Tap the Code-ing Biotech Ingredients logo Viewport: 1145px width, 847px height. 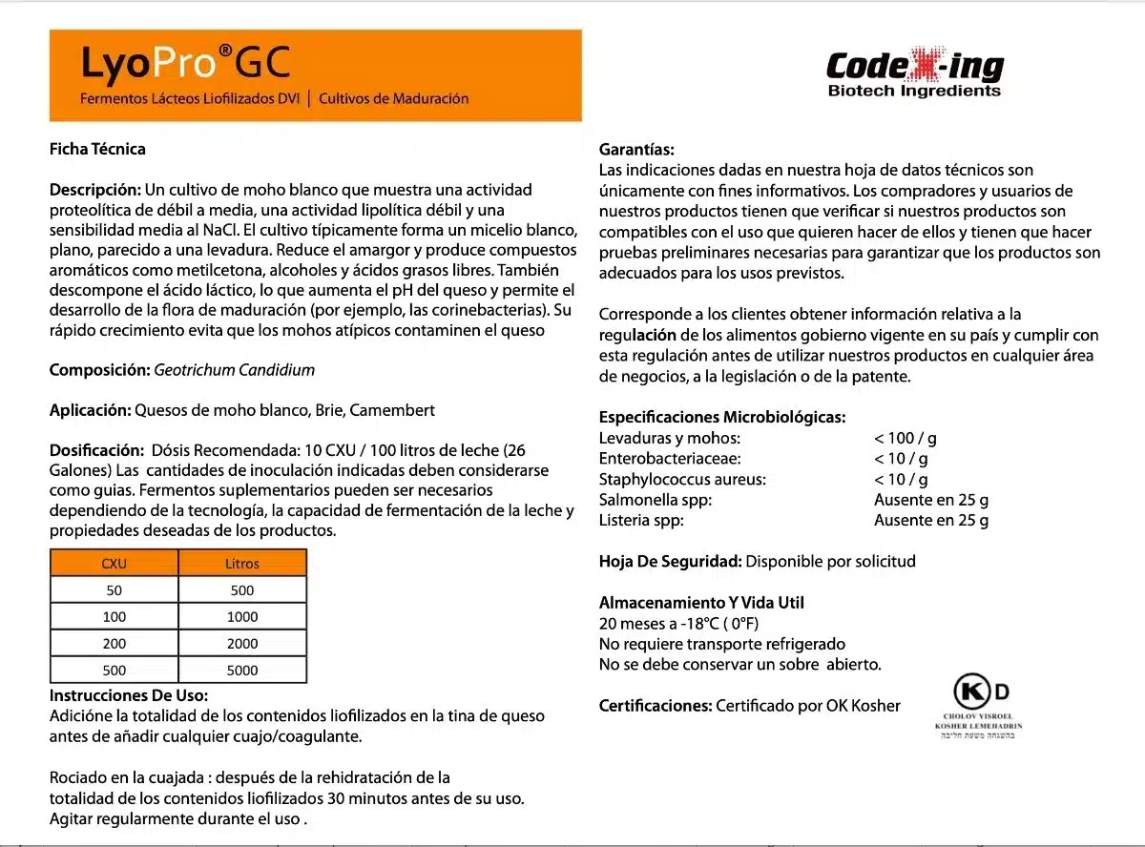click(914, 73)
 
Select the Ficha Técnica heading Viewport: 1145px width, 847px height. click(97, 149)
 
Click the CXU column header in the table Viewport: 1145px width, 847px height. click(114, 563)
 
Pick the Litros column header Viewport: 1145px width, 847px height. click(242, 563)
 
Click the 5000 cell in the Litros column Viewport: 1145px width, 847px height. click(242, 670)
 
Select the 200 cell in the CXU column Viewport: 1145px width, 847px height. click(114, 643)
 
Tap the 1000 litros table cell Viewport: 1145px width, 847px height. click(242, 616)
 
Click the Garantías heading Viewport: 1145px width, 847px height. click(636, 150)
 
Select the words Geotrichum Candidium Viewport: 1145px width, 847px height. click(234, 369)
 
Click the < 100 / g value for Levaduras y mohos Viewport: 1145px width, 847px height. click(905, 438)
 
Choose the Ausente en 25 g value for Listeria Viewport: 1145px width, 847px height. click(930, 520)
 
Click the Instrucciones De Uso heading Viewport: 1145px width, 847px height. click(129, 695)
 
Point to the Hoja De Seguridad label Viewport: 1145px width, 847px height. click(670, 561)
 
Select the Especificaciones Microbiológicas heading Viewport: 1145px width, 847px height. click(721, 417)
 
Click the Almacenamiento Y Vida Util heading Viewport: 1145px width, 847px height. click(701, 603)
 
